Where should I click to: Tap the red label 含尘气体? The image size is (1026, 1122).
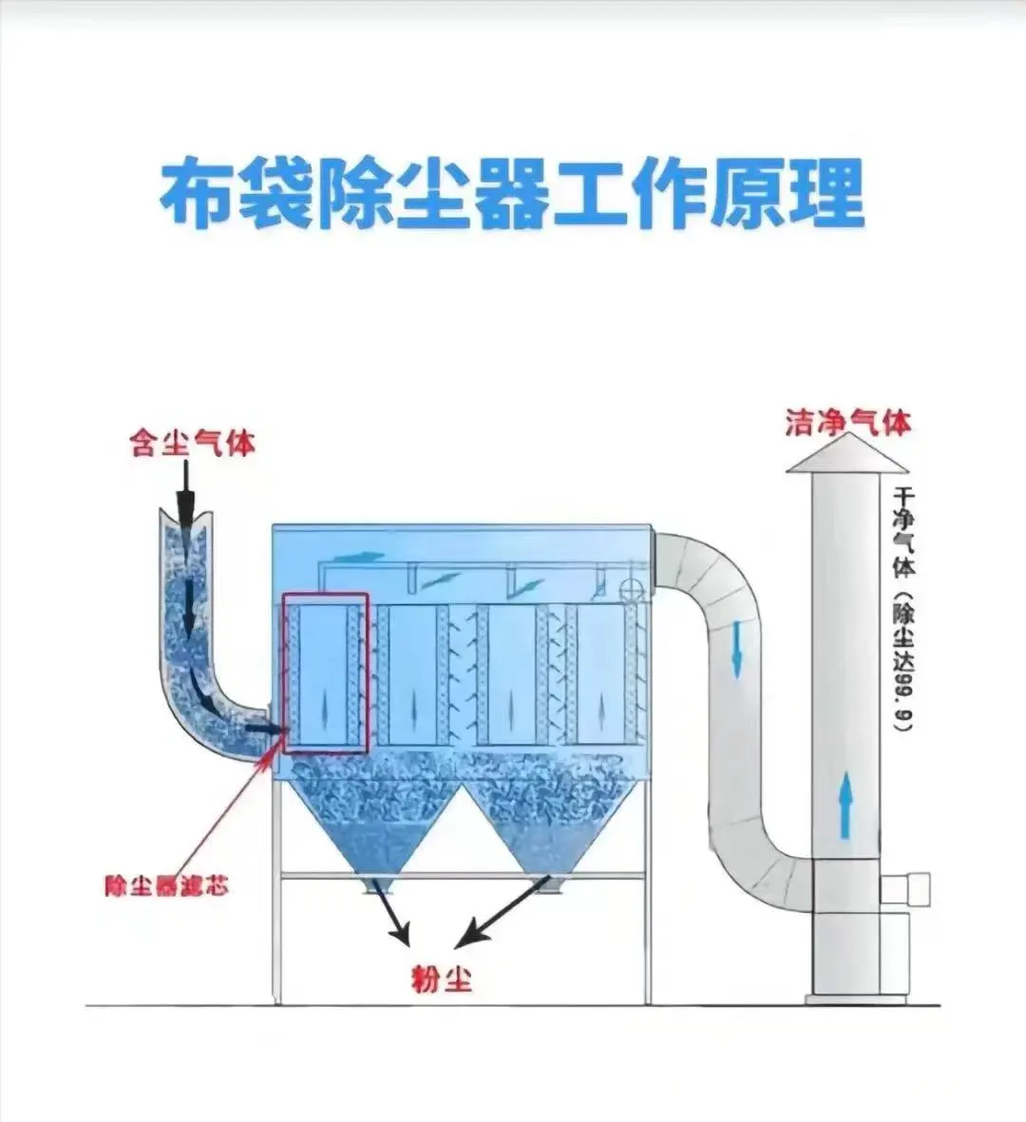pyautogui.click(x=193, y=442)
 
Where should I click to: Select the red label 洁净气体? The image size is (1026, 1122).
pyautogui.click(x=847, y=422)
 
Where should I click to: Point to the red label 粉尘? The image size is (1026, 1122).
pyautogui.click(x=441, y=978)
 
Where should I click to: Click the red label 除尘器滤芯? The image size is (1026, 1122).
pyautogui.click(x=166, y=886)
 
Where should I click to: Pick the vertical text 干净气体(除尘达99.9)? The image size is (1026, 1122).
pyautogui.click(x=902, y=608)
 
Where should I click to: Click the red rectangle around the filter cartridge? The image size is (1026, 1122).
pyautogui.click(x=326, y=673)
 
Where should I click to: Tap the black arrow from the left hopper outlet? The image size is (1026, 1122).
pyautogui.click(x=393, y=912)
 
